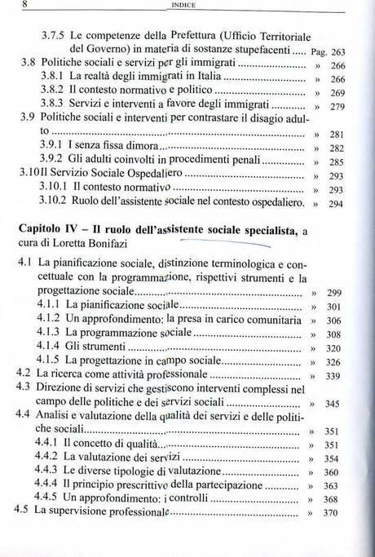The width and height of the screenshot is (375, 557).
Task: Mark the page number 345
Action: [333, 404]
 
